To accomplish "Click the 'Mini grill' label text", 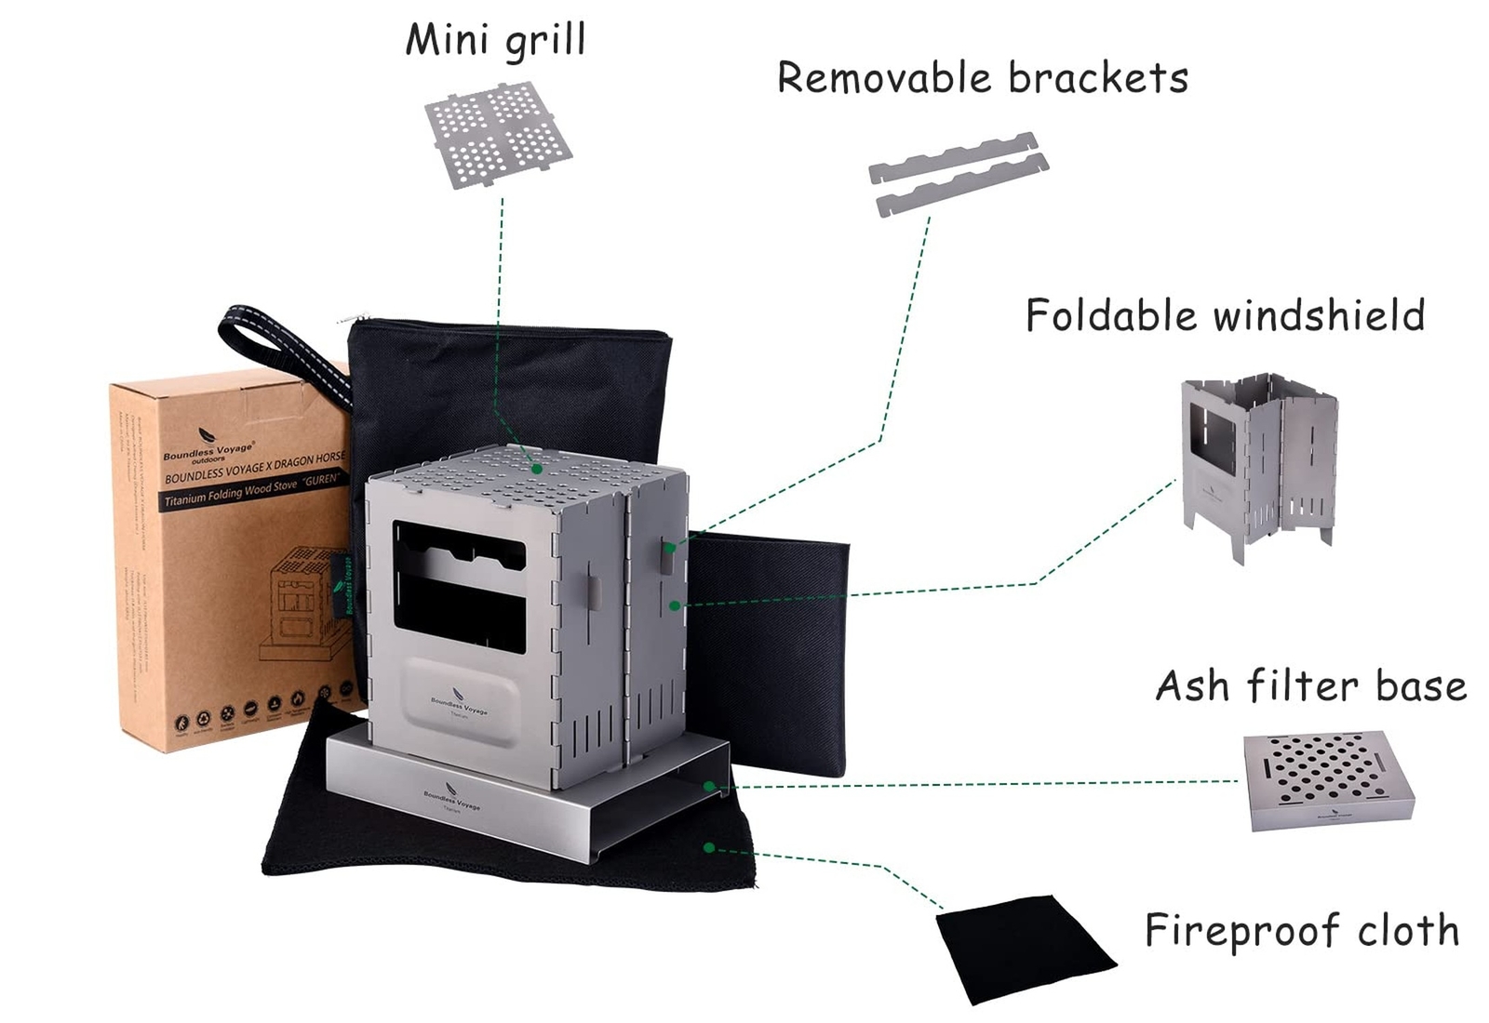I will pos(495,40).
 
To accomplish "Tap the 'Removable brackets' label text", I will pos(983,77).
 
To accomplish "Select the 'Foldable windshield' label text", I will pos(1225,315).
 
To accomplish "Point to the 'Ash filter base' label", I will pos(1310,686).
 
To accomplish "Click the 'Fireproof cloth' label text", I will pos(1301,930).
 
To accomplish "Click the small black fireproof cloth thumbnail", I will pos(1024,949).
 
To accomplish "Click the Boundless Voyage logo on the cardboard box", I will pos(207,446).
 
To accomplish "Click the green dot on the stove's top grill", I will pos(537,470).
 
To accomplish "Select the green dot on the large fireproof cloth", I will pos(709,847).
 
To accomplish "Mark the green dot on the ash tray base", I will pos(709,787).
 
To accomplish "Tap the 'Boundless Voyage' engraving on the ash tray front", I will pos(452,800).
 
